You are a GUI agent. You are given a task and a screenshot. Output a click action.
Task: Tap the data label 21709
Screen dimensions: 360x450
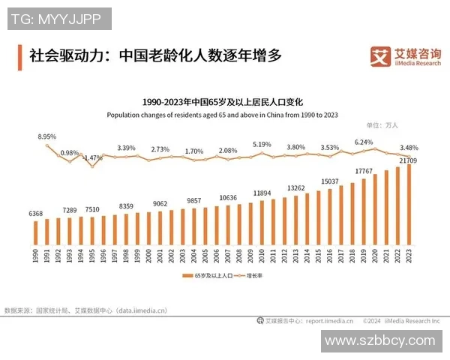coord(409,160)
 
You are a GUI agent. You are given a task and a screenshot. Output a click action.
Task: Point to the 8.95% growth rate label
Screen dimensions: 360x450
coord(47,137)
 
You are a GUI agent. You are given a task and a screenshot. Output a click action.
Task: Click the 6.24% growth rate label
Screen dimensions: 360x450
coord(364,142)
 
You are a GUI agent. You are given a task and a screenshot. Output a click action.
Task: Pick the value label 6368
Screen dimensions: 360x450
coord(35,214)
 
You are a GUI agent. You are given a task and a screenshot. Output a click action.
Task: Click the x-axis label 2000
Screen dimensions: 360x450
coord(148,256)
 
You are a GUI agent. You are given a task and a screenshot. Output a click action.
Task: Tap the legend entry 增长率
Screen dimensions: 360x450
coord(258,276)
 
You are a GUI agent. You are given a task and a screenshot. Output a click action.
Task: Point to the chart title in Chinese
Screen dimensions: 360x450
coord(222,101)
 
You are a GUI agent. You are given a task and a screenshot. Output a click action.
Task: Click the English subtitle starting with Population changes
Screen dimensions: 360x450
coord(222,115)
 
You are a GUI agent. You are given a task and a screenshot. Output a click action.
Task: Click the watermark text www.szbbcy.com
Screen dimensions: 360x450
coord(379,340)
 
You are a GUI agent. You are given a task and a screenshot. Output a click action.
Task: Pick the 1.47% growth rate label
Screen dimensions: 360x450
coord(92,157)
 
